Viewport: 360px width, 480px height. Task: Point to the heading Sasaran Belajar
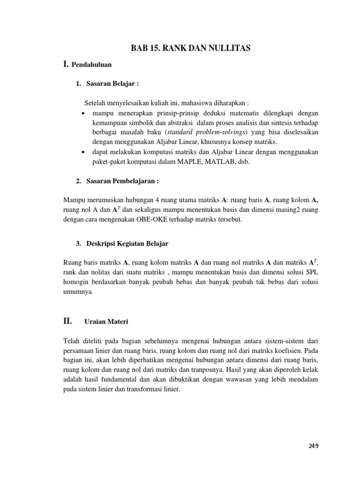112,83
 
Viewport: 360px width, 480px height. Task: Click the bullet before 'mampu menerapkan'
83,113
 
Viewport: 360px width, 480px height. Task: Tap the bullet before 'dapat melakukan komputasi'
83,152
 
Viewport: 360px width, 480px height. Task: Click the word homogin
76,282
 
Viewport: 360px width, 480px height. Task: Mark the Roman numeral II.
67,322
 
